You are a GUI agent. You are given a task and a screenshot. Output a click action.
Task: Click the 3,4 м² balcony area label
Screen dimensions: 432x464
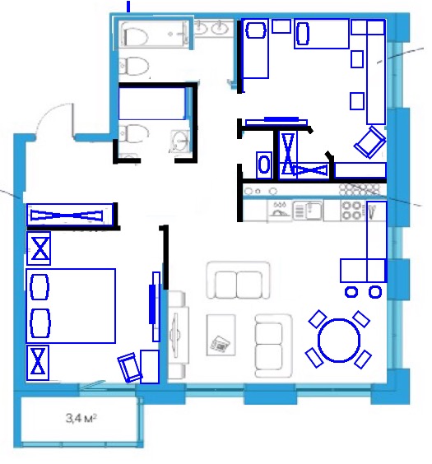coord(81,418)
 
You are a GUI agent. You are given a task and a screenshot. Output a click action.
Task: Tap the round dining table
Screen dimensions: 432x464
coord(339,340)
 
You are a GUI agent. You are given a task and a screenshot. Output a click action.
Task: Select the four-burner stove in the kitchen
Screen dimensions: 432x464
coord(351,211)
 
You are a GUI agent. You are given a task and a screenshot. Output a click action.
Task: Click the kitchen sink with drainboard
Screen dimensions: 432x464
coord(308,211)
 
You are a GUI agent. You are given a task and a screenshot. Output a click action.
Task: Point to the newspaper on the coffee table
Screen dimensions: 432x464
coord(220,344)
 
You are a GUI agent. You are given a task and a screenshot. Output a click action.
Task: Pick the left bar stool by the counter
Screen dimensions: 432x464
coord(351,292)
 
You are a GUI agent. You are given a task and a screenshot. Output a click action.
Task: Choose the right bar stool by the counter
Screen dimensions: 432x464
coord(375,292)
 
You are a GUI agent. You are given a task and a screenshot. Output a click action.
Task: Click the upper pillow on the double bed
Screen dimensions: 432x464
coord(39,287)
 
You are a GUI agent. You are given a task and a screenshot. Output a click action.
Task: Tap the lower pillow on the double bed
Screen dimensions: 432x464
coord(40,323)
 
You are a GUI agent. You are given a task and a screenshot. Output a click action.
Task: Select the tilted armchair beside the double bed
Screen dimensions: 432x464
coord(130,367)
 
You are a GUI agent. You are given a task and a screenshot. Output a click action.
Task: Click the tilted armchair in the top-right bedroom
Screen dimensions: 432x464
coord(369,142)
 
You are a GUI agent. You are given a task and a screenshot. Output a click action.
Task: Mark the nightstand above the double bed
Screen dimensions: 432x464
coord(39,248)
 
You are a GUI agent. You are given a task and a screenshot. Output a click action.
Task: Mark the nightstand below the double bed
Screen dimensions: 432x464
coord(38,363)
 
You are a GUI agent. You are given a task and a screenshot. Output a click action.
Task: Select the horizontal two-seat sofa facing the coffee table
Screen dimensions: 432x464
coord(238,280)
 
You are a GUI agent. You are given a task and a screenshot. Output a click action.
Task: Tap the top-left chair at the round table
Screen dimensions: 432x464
coord(318,318)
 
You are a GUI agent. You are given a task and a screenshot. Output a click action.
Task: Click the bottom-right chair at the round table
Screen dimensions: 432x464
coord(362,359)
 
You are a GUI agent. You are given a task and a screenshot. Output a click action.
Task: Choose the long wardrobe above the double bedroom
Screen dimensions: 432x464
coord(70,215)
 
